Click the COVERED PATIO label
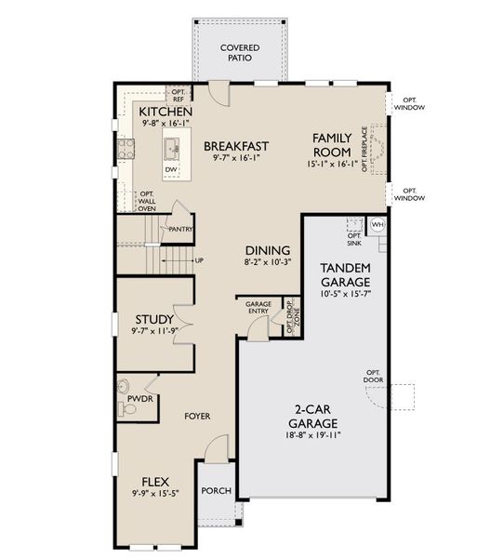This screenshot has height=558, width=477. pyautogui.click(x=239, y=53)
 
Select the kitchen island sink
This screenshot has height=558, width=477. pyautogui.click(x=172, y=146)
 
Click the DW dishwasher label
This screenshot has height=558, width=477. pyautogui.click(x=172, y=169)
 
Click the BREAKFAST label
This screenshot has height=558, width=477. pyautogui.click(x=236, y=145)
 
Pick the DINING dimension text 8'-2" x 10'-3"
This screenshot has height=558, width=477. pyautogui.click(x=267, y=263)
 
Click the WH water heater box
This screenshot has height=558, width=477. pyautogui.click(x=378, y=225)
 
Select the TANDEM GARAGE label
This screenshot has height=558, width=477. pyautogui.click(x=346, y=274)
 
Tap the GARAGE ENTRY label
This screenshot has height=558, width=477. pyautogui.click(x=258, y=308)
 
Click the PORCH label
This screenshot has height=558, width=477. pyautogui.click(x=217, y=490)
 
